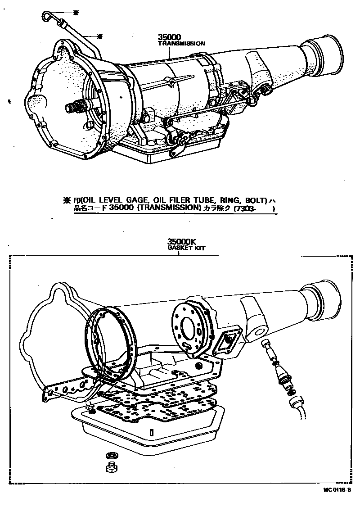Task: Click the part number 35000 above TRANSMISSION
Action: [169, 38]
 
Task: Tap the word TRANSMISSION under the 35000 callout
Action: [181, 44]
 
